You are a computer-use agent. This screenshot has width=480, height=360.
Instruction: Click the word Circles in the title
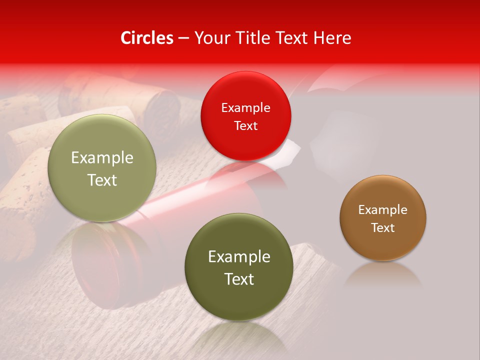pos(147,38)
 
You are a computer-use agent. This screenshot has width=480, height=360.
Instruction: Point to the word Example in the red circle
pos(245,107)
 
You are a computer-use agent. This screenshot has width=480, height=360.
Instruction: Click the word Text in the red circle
pos(245,125)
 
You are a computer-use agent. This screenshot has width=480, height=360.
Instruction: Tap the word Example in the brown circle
pos(383,209)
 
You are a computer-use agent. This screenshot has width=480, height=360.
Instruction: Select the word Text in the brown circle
pos(383,227)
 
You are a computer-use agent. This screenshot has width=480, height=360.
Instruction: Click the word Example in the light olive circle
pos(102,158)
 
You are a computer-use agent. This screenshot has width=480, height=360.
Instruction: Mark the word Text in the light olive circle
pos(102,180)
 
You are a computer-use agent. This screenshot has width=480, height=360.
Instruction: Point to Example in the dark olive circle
pos(239,257)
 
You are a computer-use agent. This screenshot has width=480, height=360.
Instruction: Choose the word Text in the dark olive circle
pos(239,279)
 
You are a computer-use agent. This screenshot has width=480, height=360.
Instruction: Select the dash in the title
pos(183,38)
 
